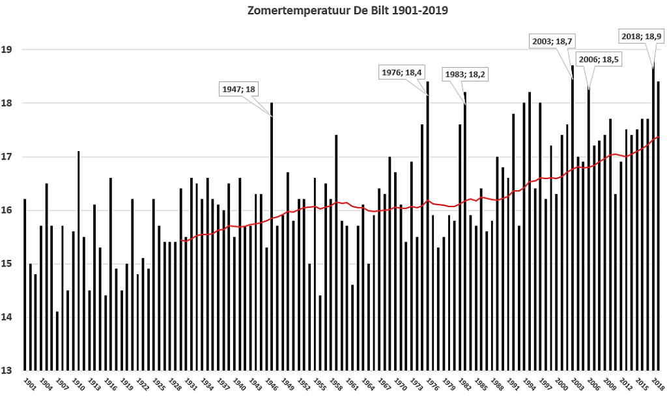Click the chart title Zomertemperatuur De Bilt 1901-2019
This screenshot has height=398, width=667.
coord(348,10)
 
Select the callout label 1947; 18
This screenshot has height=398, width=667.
coord(238,89)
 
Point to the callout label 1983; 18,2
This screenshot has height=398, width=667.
coord(465,75)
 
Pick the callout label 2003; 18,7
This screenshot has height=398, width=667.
coord(552,41)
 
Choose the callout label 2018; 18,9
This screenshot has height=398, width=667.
coord(642,36)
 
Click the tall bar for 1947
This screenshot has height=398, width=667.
coord(272,236)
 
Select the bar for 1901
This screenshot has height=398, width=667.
coord(25,285)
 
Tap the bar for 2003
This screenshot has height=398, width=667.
coord(572,218)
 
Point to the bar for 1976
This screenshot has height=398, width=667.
coord(427,226)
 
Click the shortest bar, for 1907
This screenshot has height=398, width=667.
coord(57,341)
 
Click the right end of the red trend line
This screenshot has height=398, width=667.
coord(659,137)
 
